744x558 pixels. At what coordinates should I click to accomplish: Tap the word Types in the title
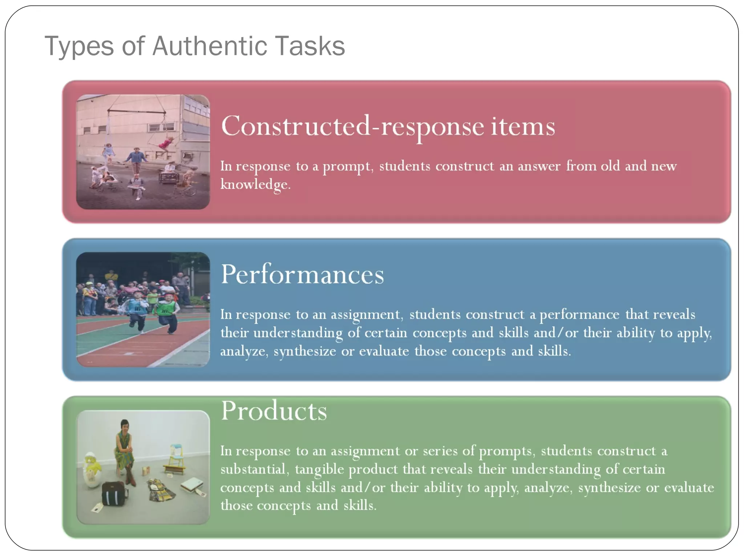pos(79,47)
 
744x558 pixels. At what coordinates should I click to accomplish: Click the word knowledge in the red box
pos(255,185)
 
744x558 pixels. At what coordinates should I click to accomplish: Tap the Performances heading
pos(302,275)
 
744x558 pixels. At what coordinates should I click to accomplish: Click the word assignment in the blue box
pos(365,315)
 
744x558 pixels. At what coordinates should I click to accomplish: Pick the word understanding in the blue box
pos(298,333)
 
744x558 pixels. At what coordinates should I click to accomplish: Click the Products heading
pos(274,411)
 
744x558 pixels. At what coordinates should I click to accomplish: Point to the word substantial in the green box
pos(253,469)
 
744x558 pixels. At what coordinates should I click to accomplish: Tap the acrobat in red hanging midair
pos(165,143)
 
